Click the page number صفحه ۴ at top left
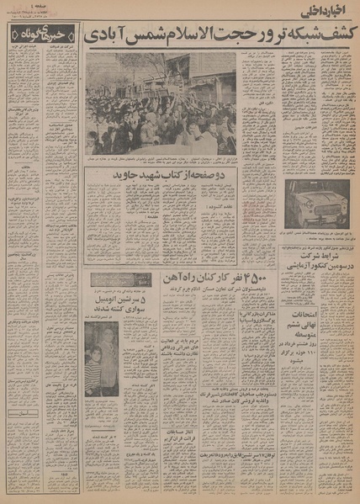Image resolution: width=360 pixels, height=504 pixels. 33,7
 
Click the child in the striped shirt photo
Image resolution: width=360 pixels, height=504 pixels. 93,367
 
